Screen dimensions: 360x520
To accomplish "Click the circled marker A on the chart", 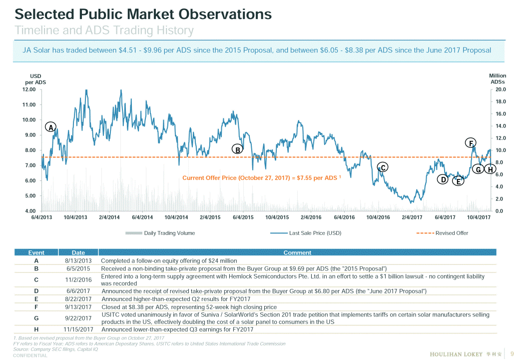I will coord(50,127).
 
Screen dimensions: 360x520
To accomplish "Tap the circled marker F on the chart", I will coord(471,142).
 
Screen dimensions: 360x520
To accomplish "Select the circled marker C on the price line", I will coord(382,167).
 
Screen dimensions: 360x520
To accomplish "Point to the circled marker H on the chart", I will coord(491,169).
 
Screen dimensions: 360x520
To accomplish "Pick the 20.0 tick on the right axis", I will coord(501,89).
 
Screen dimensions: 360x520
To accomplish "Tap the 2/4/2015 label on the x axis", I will coord(210,217).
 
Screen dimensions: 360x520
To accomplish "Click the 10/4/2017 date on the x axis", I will coord(479,217).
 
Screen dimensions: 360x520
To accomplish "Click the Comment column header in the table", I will coord(297,252).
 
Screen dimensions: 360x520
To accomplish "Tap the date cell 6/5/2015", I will coord(78,268).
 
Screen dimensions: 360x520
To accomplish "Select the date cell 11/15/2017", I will coord(78,329).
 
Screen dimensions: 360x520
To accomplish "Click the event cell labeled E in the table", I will coord(36,299).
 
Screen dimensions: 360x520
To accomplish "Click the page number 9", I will coord(512,354).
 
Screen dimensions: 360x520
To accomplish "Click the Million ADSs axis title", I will coord(498,78).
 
